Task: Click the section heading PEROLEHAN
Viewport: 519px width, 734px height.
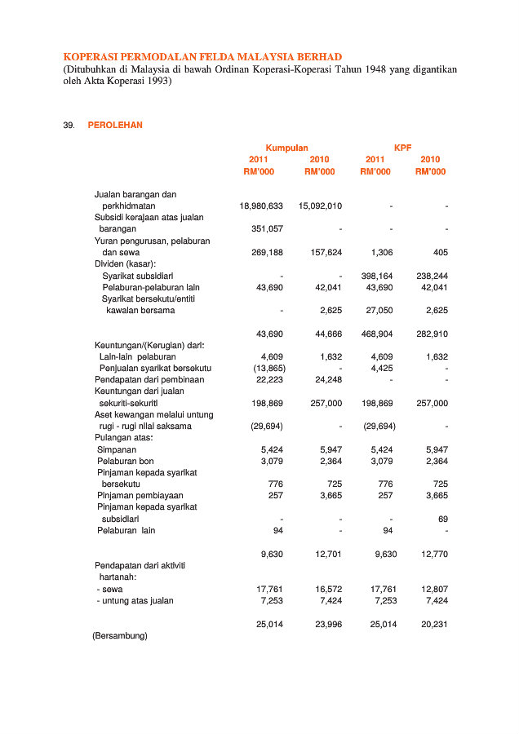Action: (115, 125)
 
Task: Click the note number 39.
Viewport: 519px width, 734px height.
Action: (69, 125)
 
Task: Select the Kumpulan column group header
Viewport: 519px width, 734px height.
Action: (286, 148)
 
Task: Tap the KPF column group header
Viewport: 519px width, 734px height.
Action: (402, 148)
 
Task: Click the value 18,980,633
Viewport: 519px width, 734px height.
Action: (261, 206)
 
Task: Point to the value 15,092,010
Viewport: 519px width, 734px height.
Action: (320, 206)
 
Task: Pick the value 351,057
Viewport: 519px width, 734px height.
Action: (266, 229)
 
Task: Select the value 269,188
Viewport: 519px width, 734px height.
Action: (266, 253)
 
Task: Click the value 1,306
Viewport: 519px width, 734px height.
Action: (382, 253)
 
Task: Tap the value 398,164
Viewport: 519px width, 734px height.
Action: (377, 276)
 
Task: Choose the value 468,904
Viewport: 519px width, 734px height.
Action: (377, 334)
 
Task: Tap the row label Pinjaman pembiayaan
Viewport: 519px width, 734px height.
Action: (140, 495)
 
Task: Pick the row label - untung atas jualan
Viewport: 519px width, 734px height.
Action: (135, 600)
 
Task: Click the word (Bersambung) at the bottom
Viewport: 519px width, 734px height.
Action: (120, 635)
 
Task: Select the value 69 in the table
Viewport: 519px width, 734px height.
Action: (443, 519)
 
